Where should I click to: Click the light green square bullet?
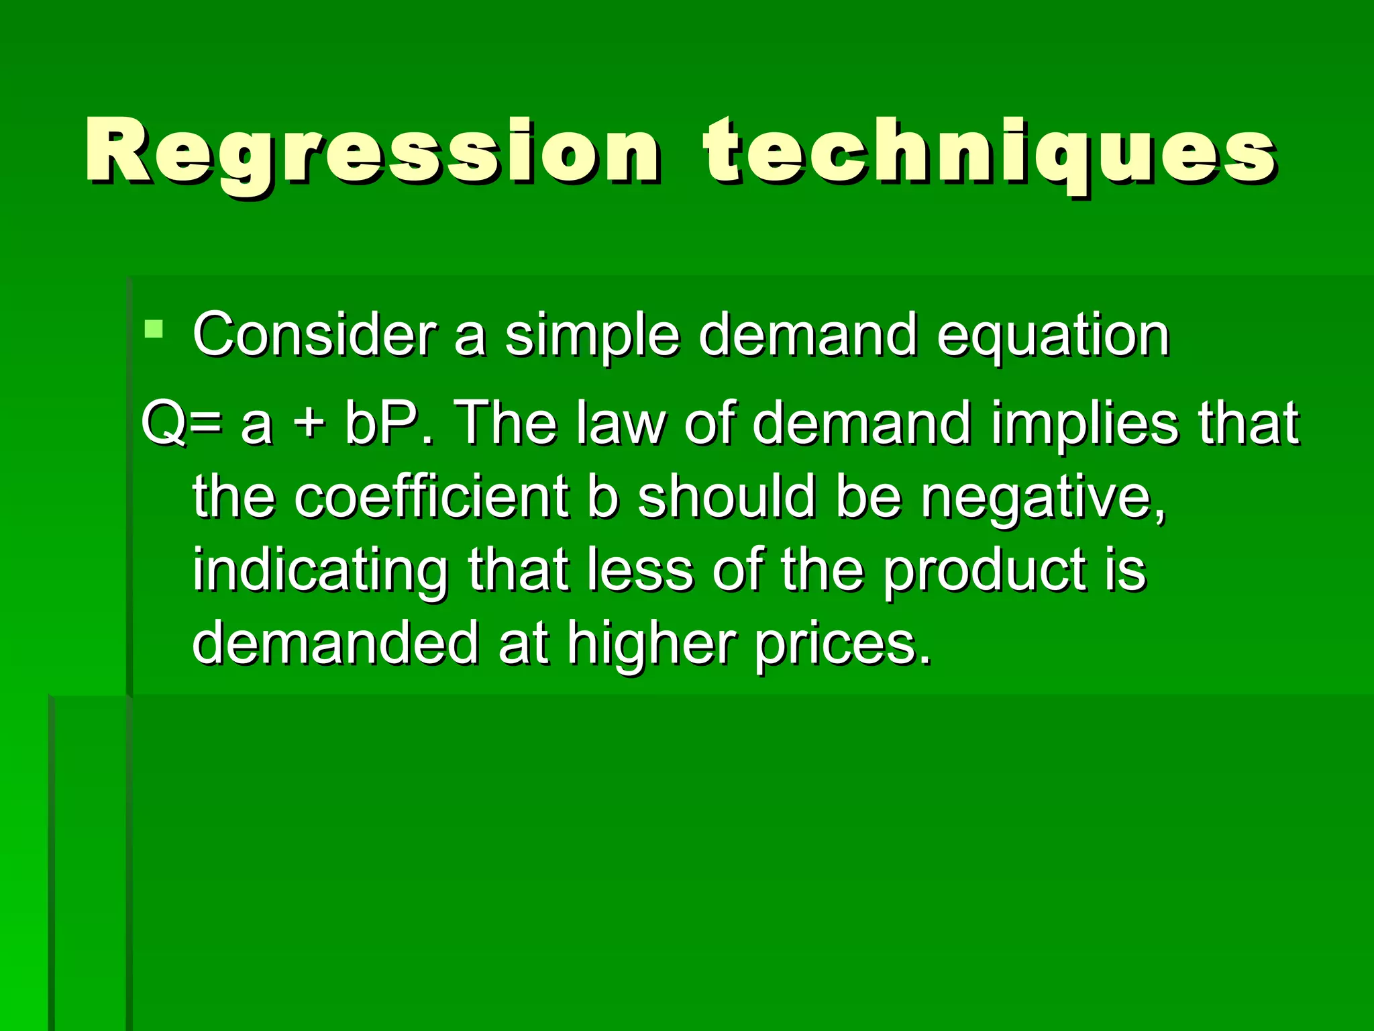(154, 329)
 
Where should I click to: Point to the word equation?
(1053, 336)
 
